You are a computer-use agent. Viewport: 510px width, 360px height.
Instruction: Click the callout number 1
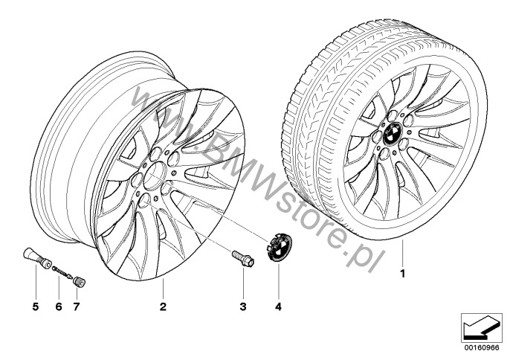(x=403, y=274)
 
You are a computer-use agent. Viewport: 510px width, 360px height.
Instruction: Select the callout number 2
(x=163, y=306)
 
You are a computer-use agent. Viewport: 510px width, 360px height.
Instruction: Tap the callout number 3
(x=243, y=306)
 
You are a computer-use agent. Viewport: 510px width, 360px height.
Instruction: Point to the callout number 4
(x=278, y=306)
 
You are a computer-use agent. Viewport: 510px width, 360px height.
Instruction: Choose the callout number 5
(x=36, y=306)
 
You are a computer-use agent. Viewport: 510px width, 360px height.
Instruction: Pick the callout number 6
(x=59, y=306)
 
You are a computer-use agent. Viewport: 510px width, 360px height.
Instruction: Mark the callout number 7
(x=77, y=306)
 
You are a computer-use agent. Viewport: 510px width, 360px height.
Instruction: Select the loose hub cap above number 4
(x=279, y=248)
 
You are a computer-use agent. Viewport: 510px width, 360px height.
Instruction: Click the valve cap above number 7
(x=80, y=282)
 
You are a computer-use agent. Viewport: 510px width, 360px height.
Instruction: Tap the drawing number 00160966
(x=482, y=347)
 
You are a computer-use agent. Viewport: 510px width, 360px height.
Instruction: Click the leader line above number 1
(x=402, y=253)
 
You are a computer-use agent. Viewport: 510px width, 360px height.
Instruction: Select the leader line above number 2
(x=163, y=289)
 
